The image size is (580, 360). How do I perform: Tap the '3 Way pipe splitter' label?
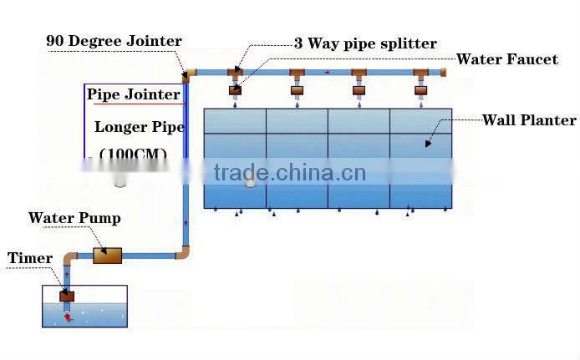[x=364, y=43]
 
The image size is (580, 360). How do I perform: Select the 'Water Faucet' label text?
[x=506, y=60]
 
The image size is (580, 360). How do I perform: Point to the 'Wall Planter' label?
[x=529, y=120]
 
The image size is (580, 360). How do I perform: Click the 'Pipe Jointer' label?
[x=134, y=94]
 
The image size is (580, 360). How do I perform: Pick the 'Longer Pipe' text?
[x=139, y=127]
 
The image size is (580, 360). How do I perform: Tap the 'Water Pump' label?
[x=74, y=218]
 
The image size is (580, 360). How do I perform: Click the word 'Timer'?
[x=30, y=258]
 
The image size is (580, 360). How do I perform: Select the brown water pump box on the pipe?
[x=107, y=254]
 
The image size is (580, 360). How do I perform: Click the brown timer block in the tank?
[x=67, y=295]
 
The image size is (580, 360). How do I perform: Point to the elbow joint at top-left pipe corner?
[x=189, y=74]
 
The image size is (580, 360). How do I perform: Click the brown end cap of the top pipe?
[x=444, y=73]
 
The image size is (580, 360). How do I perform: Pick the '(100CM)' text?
[x=133, y=155]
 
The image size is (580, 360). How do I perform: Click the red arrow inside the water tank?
[x=69, y=317]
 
